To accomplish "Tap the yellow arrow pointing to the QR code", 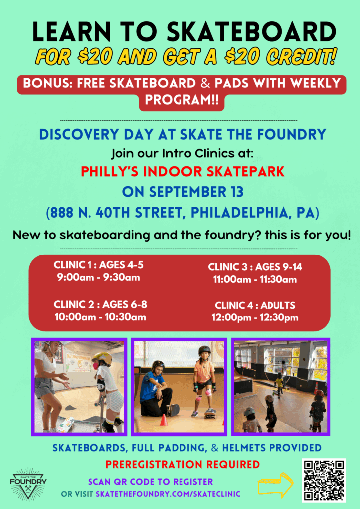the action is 275,485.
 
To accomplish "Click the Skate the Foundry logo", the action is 28,483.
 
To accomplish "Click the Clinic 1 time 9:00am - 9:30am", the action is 98,277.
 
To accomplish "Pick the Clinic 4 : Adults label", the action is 255,305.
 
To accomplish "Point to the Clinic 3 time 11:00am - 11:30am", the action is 255,279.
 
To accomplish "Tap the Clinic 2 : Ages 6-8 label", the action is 100,304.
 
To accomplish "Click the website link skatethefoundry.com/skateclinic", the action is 168,494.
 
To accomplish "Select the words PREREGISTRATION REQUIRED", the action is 182,465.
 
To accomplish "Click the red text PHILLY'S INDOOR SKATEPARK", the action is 182,171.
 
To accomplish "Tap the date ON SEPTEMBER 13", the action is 182,192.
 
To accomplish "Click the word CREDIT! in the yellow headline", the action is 301,57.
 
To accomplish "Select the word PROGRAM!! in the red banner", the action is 182,99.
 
